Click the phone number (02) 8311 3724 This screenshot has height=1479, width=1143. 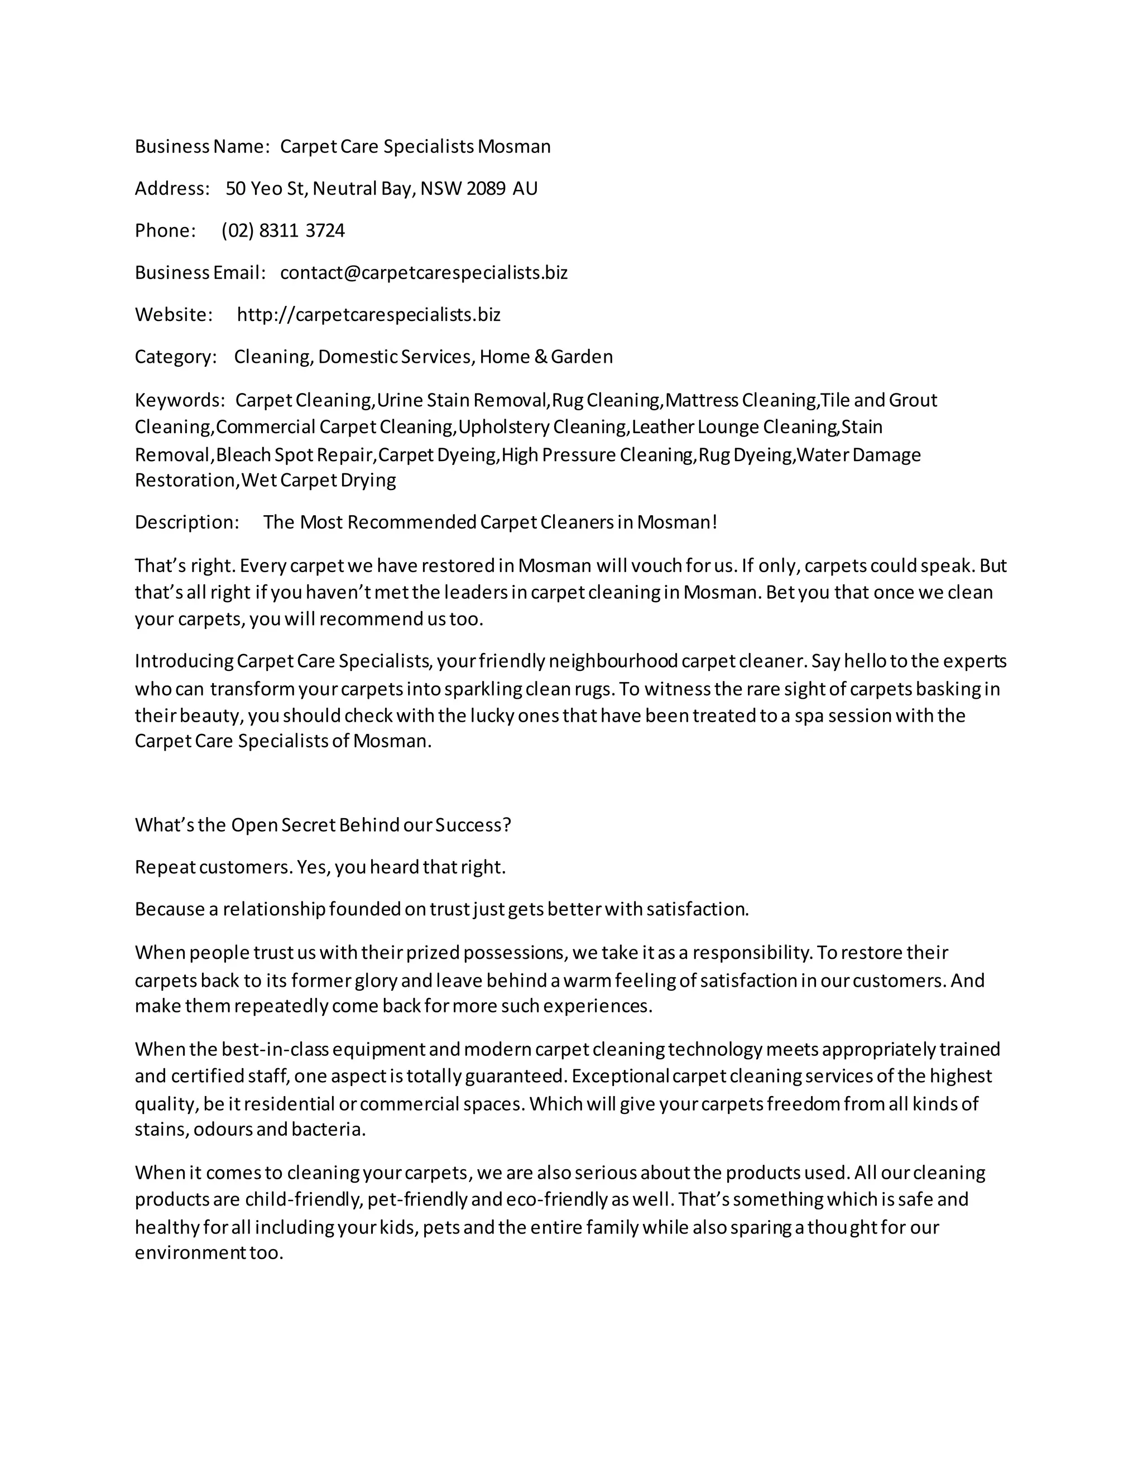coord(283,231)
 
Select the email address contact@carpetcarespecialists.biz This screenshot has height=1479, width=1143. coord(424,273)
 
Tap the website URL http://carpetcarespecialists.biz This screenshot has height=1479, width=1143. coord(368,315)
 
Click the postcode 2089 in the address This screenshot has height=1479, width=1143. coord(486,189)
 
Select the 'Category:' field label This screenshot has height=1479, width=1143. coord(175,357)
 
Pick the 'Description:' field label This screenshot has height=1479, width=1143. coord(187,522)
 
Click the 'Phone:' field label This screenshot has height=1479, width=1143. coord(165,231)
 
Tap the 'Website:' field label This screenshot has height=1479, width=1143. coord(174,315)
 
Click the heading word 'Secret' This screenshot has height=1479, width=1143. coord(308,825)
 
